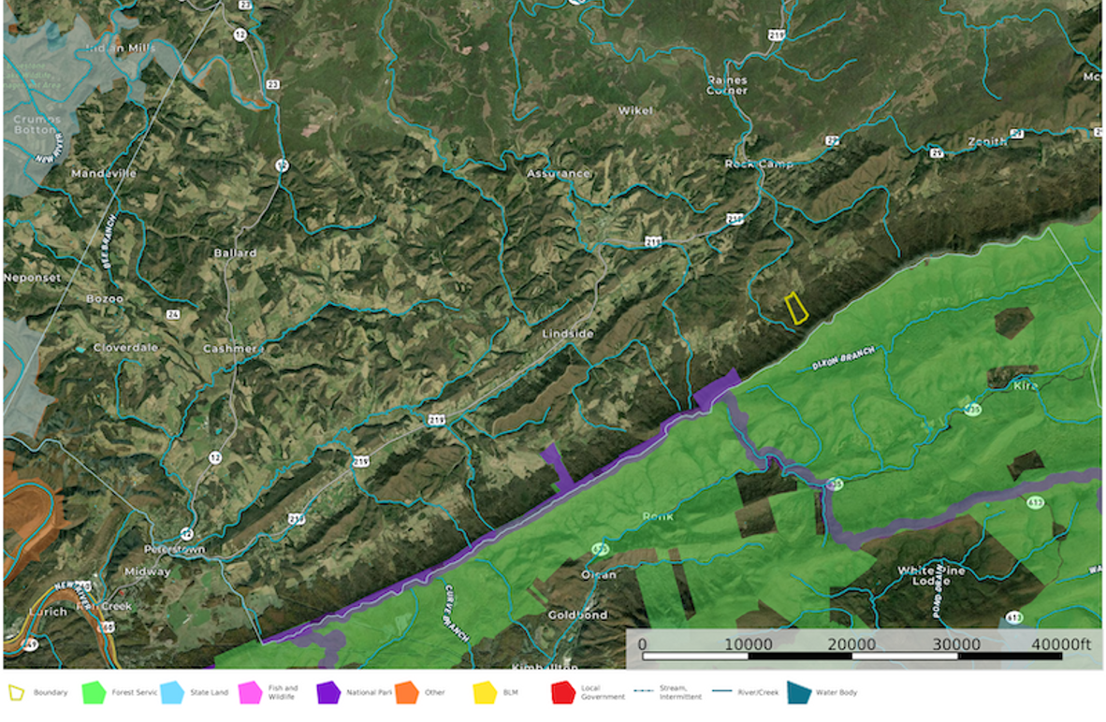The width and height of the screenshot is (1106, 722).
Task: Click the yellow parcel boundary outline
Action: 796,308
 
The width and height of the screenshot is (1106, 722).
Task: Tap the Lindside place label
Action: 569,333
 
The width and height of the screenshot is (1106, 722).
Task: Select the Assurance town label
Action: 558,173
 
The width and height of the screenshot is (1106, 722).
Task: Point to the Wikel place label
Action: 635,110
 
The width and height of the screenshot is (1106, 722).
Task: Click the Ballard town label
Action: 235,253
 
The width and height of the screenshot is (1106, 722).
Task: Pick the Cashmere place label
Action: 234,349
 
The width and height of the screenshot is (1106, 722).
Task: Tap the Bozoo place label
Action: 105,299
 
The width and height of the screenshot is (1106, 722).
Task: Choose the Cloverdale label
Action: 125,348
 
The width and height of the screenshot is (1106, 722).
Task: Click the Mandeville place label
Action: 104,173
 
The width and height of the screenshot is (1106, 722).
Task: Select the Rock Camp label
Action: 759,164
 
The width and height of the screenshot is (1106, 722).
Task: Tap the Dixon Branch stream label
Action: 843,357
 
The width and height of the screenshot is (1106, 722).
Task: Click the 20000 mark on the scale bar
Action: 851,644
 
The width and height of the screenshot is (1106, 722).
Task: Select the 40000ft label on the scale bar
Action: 1059,644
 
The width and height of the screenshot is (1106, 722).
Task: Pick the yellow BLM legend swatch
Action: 485,693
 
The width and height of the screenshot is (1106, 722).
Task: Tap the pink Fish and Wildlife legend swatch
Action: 251,693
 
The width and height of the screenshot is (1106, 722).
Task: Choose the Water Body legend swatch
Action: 799,693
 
